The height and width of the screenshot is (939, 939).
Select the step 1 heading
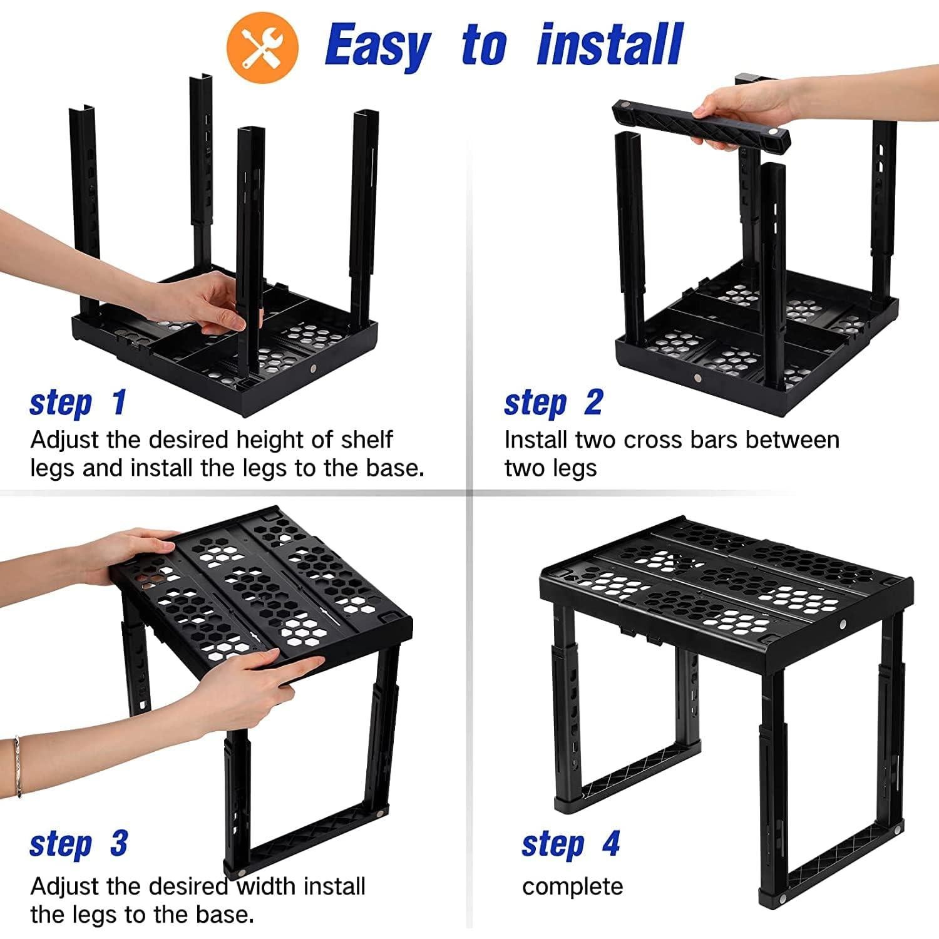coord(78,403)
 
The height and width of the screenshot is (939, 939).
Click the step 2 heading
coord(553,403)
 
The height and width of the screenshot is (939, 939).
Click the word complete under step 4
coord(572,887)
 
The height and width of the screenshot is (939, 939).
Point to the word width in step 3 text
coord(267,887)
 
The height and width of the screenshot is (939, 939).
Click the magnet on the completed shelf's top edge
coord(843,624)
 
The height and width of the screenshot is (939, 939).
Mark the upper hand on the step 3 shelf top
coord(135,551)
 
